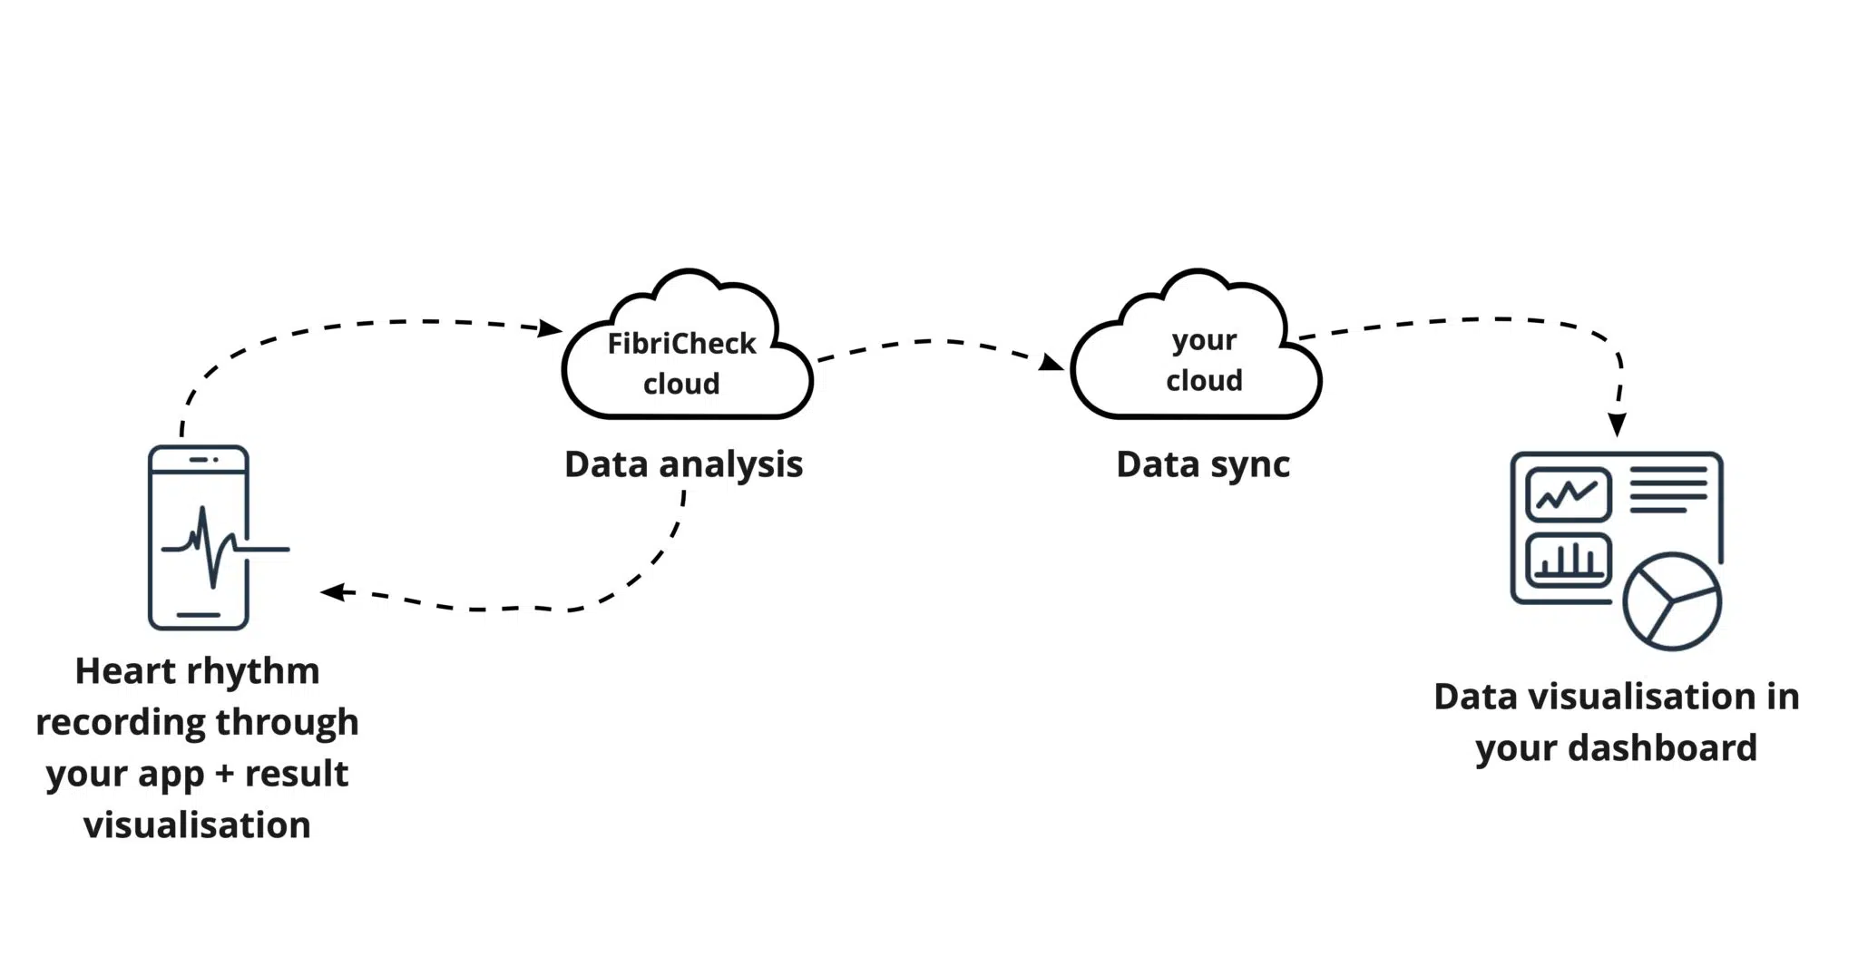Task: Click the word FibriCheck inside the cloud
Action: (681, 343)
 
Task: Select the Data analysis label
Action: (683, 465)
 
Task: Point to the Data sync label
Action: (1203, 465)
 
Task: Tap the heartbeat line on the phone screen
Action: (224, 548)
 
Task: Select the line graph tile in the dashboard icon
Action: (1569, 494)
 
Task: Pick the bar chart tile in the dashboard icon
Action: (1569, 560)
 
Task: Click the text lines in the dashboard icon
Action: (1668, 490)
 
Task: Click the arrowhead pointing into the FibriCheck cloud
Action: (551, 327)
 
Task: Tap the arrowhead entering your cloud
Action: (1052, 362)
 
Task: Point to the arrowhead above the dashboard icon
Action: (1617, 425)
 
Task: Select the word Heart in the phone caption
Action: (125, 671)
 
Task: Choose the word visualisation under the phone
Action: (197, 825)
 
